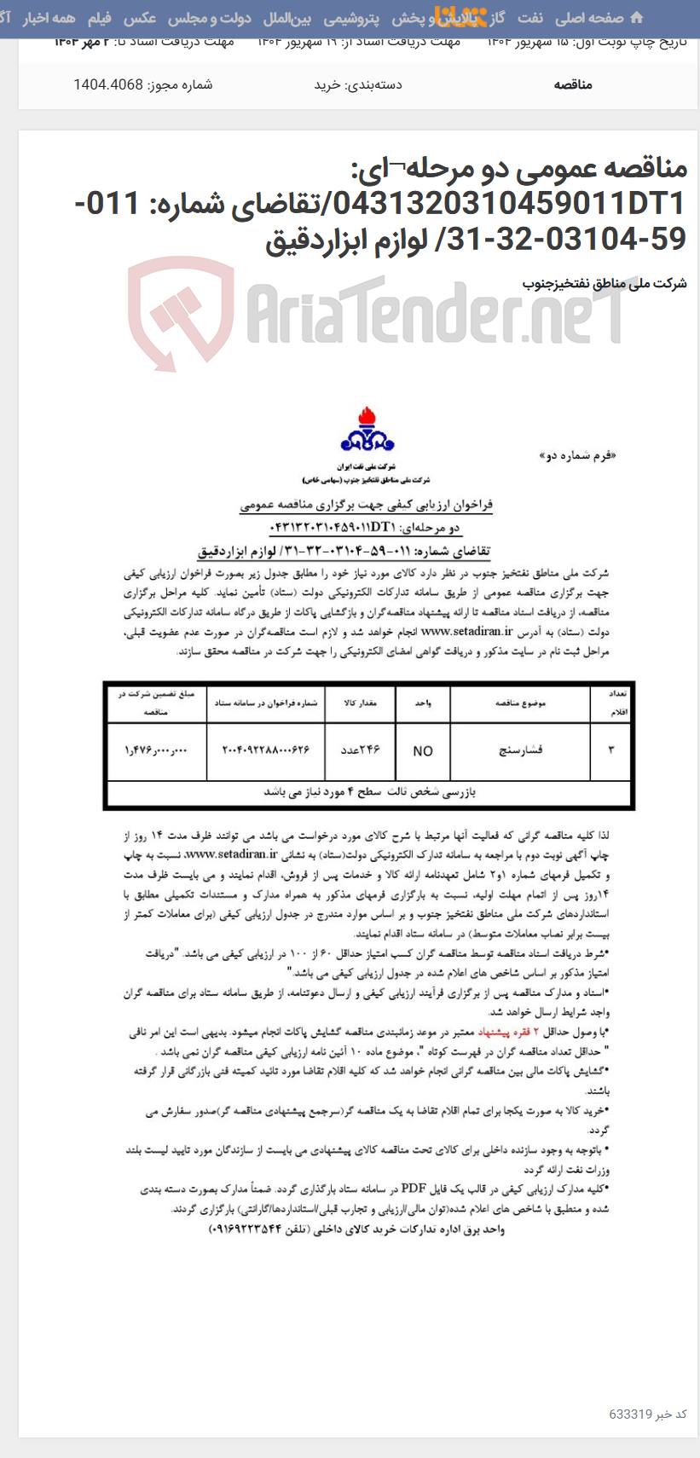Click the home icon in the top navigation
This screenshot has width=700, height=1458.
coord(636,18)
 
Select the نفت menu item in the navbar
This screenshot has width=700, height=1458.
coord(529,18)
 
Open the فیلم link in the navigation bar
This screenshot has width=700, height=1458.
coord(100,18)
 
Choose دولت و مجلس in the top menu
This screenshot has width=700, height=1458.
coord(209,18)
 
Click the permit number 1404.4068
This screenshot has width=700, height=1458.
coord(108,84)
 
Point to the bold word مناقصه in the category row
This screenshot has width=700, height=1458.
coord(573,84)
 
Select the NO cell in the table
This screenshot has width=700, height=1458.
coord(423,751)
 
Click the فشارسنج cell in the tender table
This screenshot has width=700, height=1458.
coord(520,750)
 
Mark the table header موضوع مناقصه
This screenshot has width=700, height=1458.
coord(520,703)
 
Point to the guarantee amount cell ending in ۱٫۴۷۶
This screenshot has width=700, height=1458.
coord(157,750)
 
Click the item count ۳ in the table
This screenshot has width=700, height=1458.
coord(610,750)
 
